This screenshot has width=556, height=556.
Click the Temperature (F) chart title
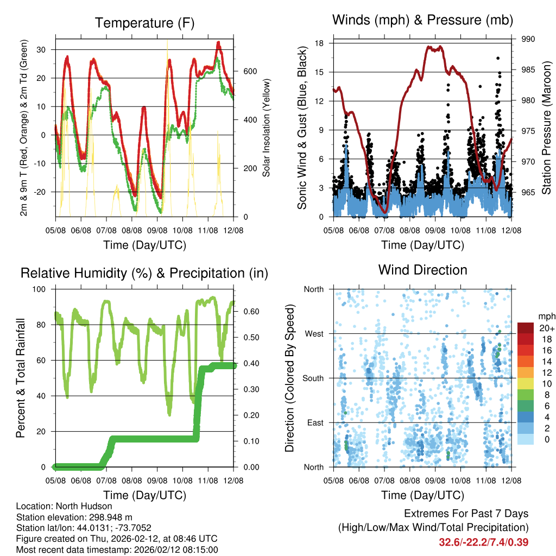tap(144, 23)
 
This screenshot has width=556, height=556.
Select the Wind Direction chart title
tap(422, 270)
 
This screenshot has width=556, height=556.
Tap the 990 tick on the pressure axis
tap(528, 39)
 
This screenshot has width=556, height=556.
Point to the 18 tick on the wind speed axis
tap(320, 43)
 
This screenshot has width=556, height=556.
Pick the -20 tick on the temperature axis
tap(42, 192)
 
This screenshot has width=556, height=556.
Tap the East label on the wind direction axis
tap(314, 422)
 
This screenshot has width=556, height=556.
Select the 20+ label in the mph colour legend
tap(547, 328)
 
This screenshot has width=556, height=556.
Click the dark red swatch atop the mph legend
tap(526, 328)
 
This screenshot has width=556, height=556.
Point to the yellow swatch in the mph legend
tap(526, 384)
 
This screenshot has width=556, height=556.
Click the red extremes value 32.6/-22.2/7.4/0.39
tap(484, 542)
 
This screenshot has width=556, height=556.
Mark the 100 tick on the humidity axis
tap(42, 289)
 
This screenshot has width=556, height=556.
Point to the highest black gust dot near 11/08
tap(498, 58)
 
